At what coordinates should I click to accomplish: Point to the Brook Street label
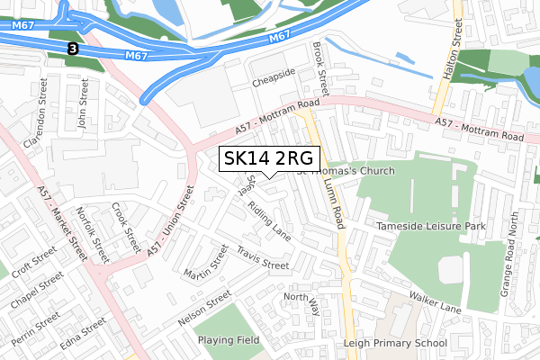(319, 67)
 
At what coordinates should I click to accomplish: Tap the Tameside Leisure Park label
(431, 226)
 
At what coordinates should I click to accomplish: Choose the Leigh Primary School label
(395, 344)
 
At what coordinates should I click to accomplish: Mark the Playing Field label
(229, 340)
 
